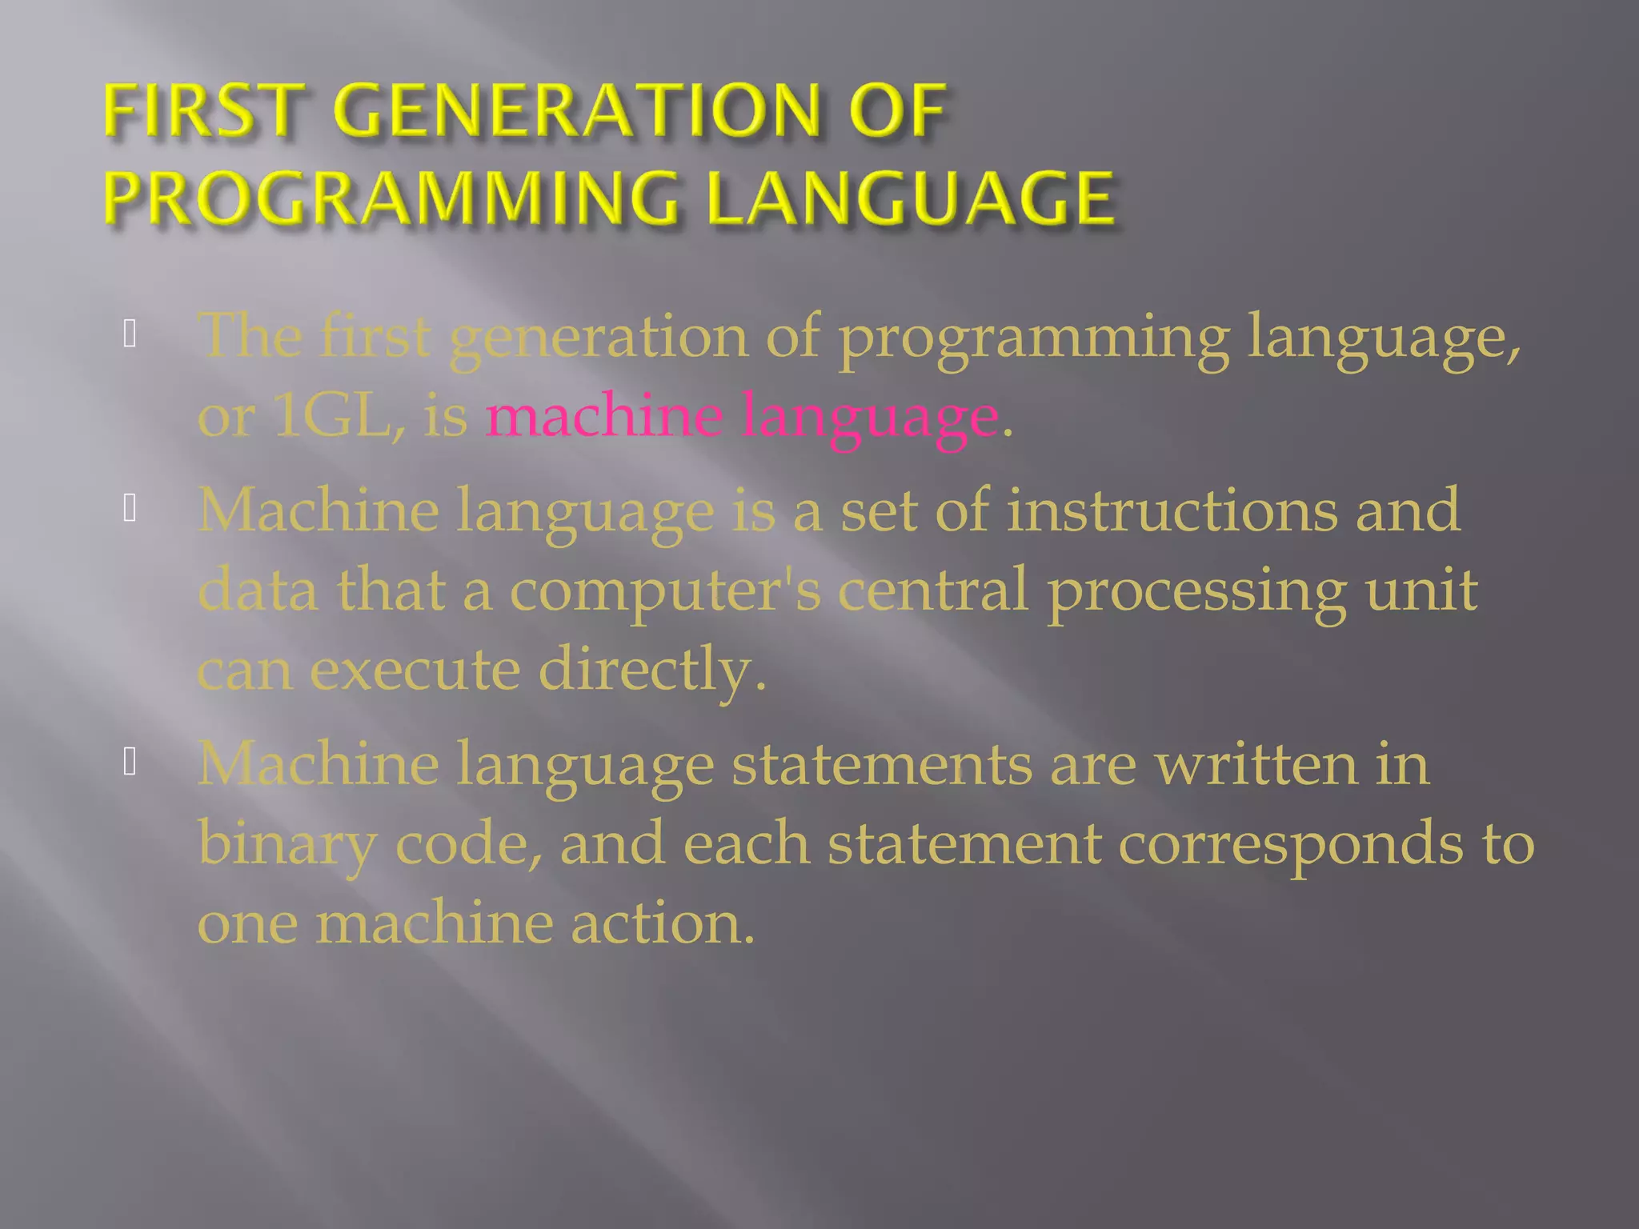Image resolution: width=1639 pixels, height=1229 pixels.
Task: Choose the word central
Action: tap(933, 590)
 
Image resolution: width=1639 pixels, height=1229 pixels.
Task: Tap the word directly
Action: tap(651, 671)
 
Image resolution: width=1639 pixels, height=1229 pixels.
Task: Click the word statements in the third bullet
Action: tap(881, 764)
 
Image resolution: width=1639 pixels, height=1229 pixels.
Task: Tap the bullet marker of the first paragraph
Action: tap(130, 334)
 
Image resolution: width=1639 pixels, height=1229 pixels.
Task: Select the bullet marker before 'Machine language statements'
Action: tap(130, 763)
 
